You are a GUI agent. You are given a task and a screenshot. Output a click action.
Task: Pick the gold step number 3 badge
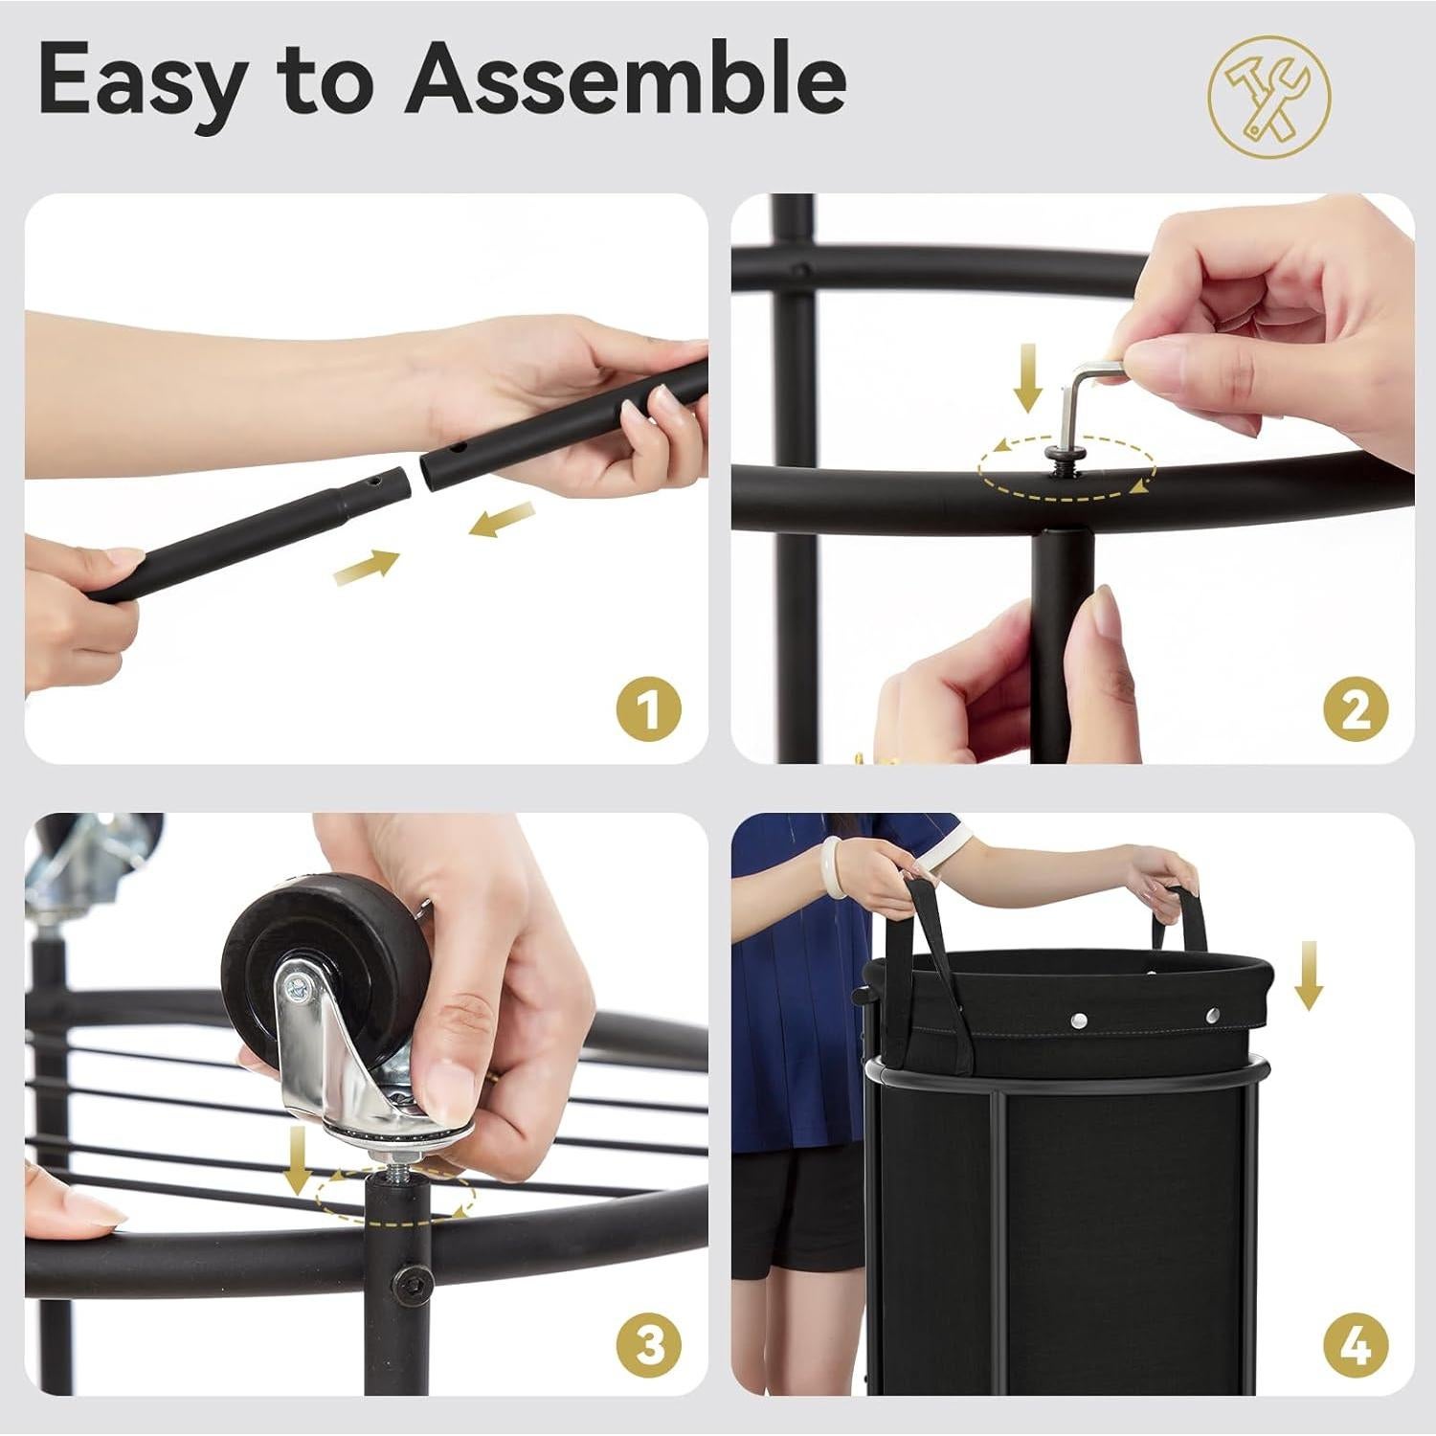[649, 1345]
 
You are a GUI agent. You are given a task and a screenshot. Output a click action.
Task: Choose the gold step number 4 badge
[1356, 1345]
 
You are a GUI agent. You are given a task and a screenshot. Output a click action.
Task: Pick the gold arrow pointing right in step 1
[367, 567]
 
